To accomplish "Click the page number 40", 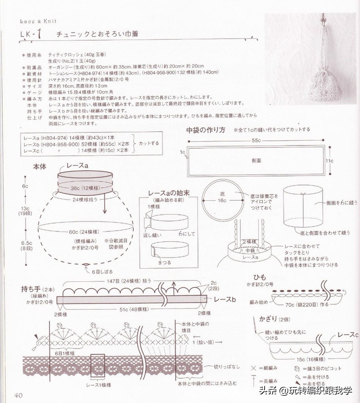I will [x=18, y=396].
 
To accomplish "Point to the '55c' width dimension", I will [x=256, y=140].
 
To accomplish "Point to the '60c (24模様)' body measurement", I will [x=84, y=232].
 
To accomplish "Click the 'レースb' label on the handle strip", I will [x=225, y=299].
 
